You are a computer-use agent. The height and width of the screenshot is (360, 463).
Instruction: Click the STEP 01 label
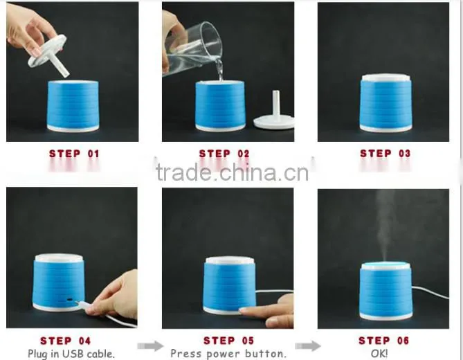[74, 154]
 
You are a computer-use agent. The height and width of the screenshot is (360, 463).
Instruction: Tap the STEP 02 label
[224, 154]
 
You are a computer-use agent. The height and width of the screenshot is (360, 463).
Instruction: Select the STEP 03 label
[385, 153]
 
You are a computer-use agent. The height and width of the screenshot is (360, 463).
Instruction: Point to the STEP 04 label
[65, 341]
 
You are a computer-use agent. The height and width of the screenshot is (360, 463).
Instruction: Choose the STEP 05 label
[228, 341]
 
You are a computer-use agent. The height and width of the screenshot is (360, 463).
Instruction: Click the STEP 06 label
[384, 341]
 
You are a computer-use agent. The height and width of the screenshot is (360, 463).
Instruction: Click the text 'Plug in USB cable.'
[71, 354]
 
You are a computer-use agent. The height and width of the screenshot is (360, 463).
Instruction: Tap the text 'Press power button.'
[228, 354]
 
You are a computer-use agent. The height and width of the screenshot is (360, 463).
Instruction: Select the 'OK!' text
[379, 353]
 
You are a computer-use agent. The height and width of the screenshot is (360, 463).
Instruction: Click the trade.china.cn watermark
[232, 172]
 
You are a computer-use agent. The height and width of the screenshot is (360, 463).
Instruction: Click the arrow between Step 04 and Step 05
[150, 346]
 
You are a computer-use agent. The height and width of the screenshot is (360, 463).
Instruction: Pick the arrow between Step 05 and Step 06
[308, 346]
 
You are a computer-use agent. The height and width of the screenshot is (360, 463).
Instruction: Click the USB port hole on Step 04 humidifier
[70, 299]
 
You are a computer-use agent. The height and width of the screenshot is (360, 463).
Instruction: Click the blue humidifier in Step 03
[385, 102]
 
